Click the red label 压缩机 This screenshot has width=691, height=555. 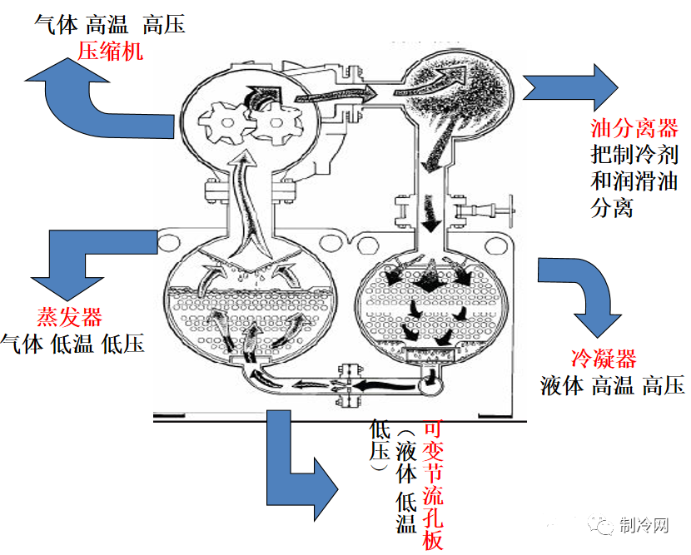[110, 51]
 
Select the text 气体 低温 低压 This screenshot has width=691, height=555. [73, 343]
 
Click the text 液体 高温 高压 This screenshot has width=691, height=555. [612, 385]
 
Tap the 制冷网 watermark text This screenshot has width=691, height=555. [645, 524]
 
